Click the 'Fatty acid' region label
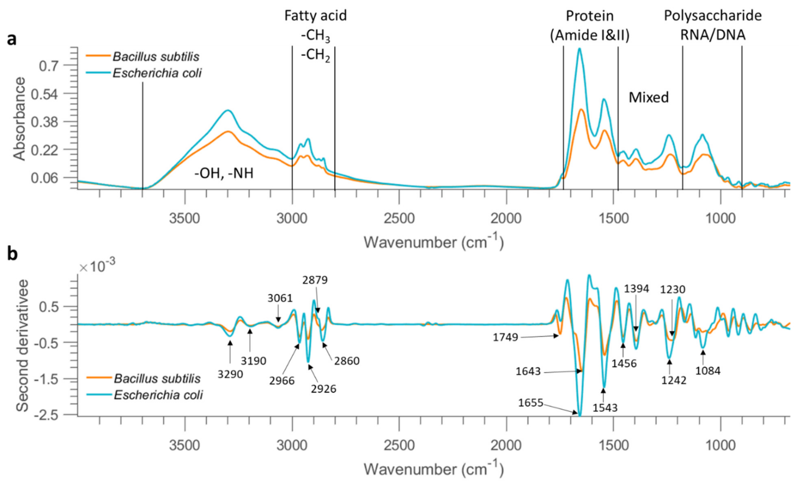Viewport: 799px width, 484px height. (316, 15)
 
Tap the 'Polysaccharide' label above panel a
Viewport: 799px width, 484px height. (713, 15)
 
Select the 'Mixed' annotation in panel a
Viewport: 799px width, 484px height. (649, 97)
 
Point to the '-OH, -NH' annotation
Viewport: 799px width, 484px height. (224, 174)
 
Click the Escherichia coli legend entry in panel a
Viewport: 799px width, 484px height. (157, 73)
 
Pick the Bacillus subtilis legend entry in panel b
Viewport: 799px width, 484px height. (157, 378)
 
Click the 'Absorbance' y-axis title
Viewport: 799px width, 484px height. (20, 119)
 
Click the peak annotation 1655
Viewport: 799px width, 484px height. (530, 403)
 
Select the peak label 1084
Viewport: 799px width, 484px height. (708, 371)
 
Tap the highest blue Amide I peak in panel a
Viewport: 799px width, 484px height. (579, 49)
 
